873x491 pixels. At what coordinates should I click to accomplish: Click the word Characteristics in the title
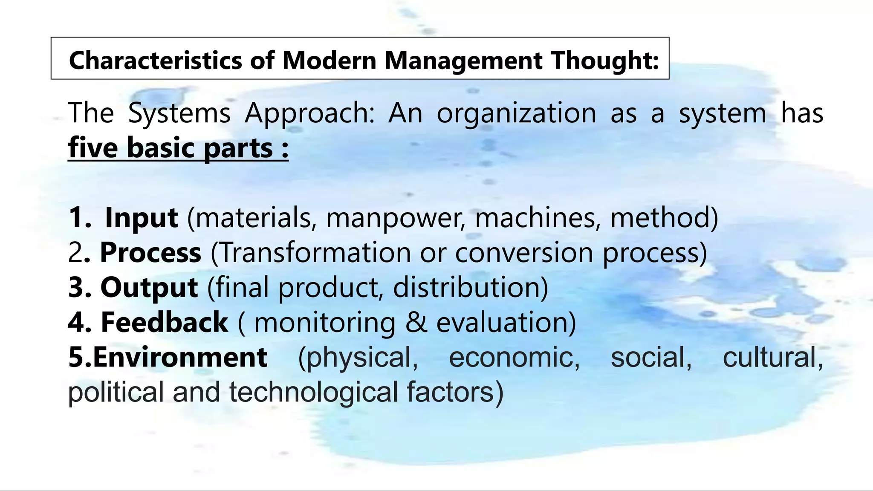156,60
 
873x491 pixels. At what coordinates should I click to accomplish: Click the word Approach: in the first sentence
309,113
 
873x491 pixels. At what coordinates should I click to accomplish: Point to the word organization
516,113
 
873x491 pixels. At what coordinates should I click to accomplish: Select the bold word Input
141,217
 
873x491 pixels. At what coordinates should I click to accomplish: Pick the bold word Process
150,253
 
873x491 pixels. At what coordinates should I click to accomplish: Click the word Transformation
315,252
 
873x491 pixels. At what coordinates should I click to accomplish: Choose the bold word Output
149,287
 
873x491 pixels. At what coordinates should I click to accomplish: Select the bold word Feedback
164,322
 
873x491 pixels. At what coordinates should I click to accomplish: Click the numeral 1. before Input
79,218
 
